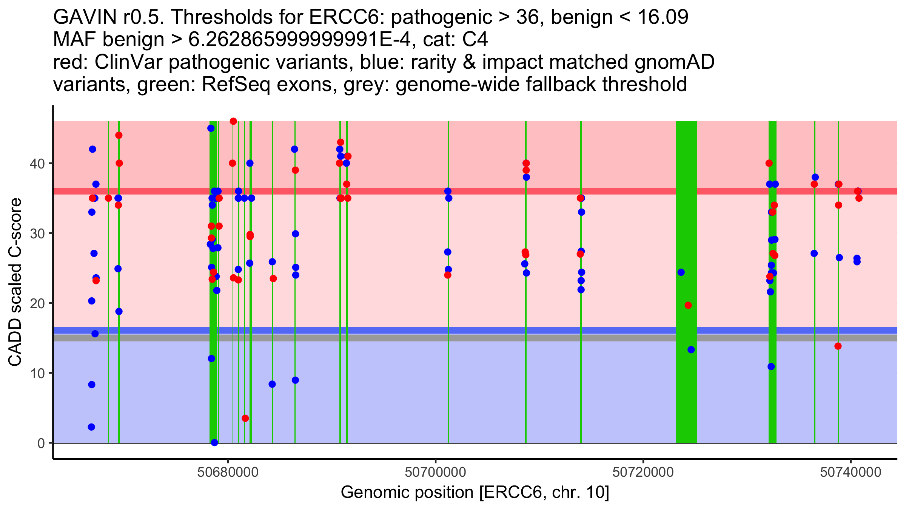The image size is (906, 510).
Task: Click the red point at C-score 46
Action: click(233, 121)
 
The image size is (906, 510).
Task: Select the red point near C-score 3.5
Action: click(245, 418)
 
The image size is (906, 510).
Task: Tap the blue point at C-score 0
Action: click(214, 442)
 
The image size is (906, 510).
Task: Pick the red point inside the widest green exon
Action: click(688, 305)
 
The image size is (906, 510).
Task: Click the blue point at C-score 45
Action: click(211, 128)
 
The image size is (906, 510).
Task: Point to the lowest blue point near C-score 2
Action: click(91, 427)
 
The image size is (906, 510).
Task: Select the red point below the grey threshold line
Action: click(838, 346)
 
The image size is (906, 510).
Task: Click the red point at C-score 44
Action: click(119, 135)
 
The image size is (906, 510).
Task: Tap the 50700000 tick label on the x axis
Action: click(436, 473)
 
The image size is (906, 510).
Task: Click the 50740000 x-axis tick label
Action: click(851, 473)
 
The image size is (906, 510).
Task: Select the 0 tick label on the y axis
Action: click(41, 443)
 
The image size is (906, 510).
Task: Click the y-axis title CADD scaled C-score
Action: click(15, 282)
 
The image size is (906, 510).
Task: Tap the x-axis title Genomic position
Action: click(475, 492)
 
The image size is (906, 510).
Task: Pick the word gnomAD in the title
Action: click(674, 62)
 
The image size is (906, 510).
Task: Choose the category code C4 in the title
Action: click(475, 40)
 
